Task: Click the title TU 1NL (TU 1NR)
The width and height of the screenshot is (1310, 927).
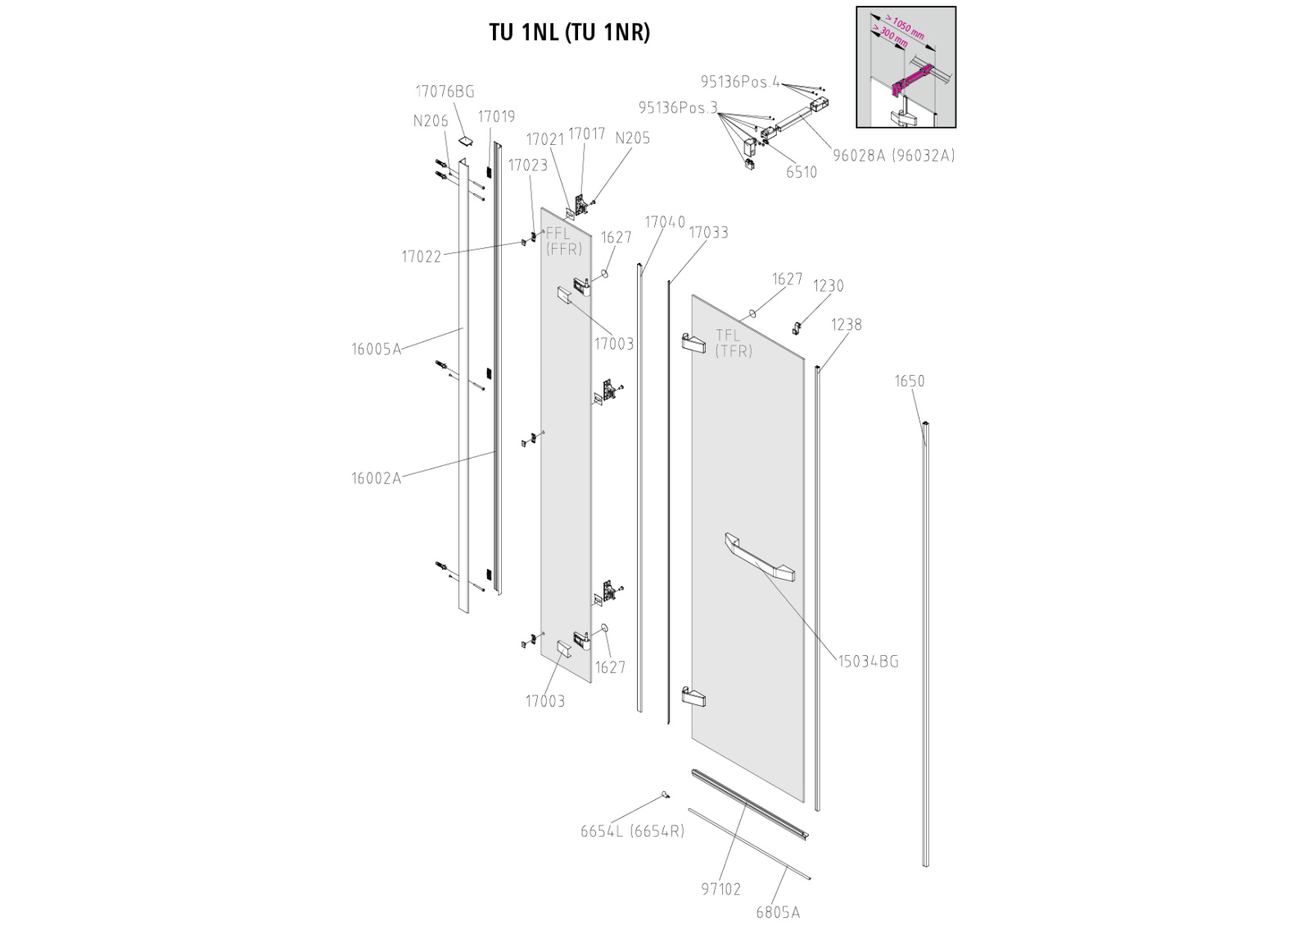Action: click(569, 32)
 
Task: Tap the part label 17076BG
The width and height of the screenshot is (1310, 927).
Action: click(445, 92)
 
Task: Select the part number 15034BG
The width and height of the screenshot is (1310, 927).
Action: click(868, 662)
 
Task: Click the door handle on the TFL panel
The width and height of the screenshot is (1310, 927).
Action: click(759, 557)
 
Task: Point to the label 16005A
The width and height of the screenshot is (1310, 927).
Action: click(377, 350)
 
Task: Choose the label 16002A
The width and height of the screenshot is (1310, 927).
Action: click(377, 479)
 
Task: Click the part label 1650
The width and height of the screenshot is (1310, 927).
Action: click(909, 381)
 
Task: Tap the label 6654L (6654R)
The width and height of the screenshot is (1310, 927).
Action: click(632, 831)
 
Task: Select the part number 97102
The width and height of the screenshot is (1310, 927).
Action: click(720, 889)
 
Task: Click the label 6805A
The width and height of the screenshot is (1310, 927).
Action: click(778, 912)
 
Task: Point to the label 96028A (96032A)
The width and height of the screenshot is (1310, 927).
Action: click(893, 156)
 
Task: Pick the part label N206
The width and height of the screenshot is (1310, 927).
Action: click(431, 121)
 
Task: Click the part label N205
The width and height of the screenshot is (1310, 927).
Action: click(632, 138)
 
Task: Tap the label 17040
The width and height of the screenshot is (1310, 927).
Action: click(664, 222)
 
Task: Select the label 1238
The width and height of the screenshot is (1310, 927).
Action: click(846, 324)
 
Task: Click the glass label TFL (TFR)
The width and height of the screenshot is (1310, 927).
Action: click(733, 343)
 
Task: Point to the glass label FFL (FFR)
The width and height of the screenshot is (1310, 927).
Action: click(563, 242)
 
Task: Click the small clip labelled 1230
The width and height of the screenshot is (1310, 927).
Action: click(795, 328)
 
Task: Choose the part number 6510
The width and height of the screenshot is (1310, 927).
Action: click(802, 172)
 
